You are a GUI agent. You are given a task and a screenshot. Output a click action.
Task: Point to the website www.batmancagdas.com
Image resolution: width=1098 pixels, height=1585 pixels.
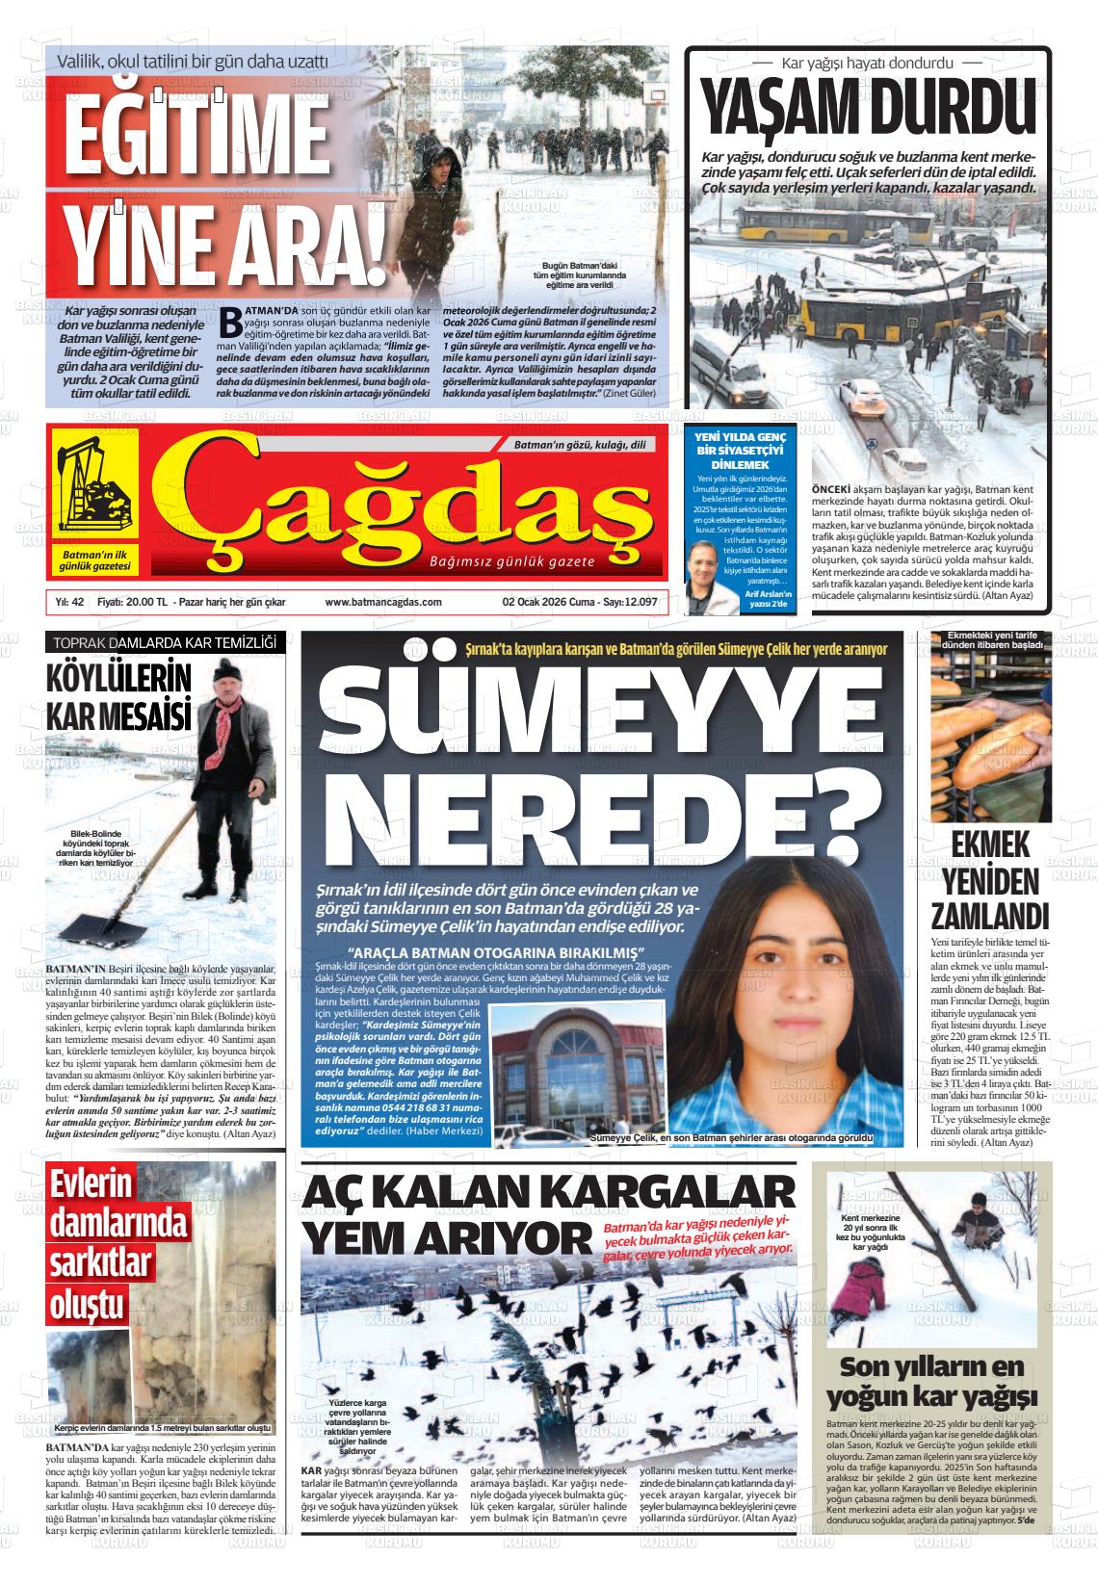383,602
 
